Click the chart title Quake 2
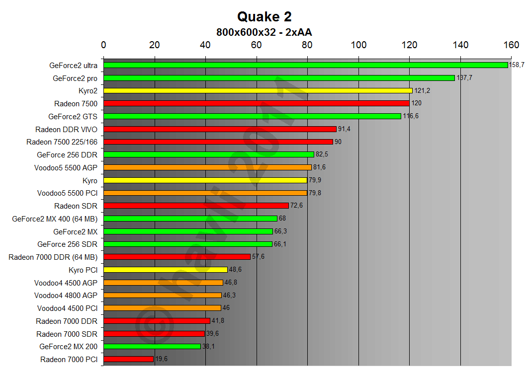[264, 16]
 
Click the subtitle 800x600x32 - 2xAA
[264, 32]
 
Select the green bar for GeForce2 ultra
[305, 65]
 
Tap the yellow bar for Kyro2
[258, 91]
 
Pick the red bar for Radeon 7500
[256, 103]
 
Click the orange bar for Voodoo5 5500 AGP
[207, 167]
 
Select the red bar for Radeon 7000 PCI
[128, 359]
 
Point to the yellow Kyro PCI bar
[165, 270]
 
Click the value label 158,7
[517, 65]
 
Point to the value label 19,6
[162, 359]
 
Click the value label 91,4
[346, 129]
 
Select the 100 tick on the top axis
[358, 45]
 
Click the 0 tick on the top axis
[103, 45]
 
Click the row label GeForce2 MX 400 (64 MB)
[55, 219]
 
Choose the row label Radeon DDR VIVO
[66, 129]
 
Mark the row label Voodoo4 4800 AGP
[66, 295]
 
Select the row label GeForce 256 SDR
[67, 244]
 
